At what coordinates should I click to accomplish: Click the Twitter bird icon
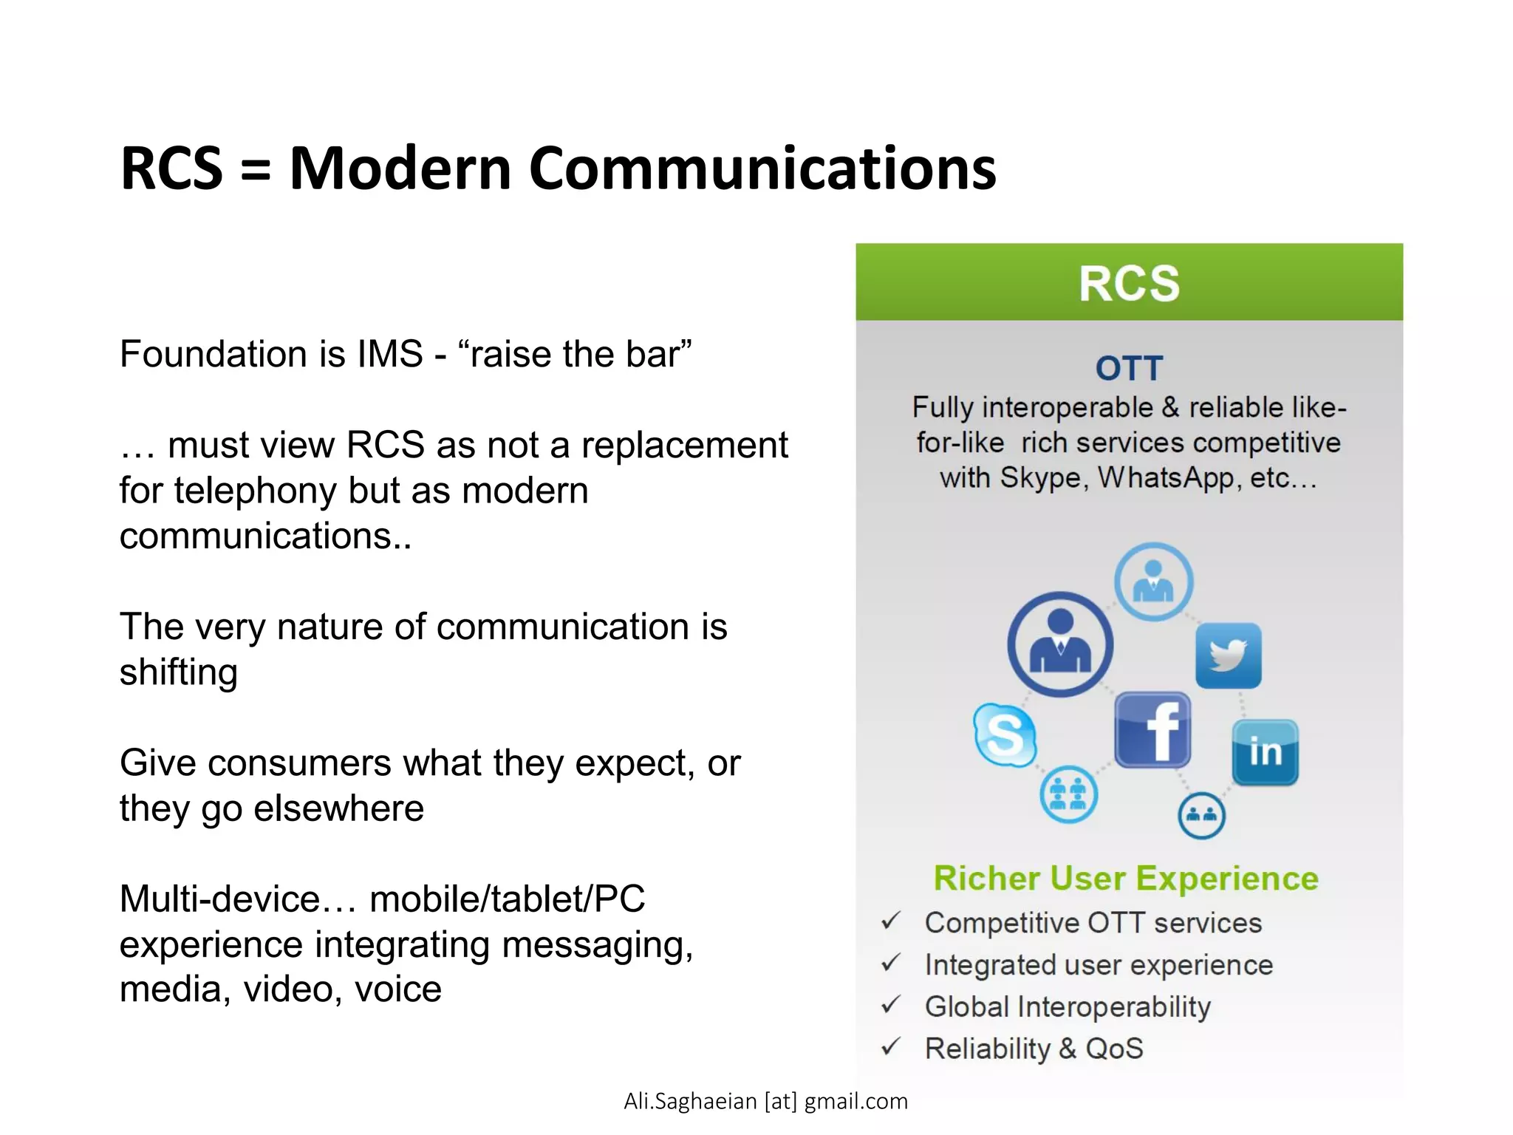(1228, 655)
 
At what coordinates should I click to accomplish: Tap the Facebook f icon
(1152, 731)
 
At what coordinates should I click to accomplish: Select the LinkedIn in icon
(1265, 752)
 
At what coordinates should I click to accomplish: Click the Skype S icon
(1005, 734)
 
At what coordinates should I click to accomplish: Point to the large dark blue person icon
(1060, 644)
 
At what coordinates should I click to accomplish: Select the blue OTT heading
(1129, 368)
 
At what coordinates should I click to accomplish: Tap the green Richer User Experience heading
(1126, 879)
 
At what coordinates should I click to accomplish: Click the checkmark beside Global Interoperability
(891, 1005)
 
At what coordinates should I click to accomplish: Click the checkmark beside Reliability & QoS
(891, 1047)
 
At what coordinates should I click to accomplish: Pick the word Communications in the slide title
(762, 168)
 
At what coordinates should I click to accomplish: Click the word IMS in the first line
(389, 354)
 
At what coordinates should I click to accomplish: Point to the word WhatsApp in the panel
(1166, 478)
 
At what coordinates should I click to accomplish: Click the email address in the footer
(765, 1101)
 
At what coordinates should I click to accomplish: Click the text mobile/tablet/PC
(507, 899)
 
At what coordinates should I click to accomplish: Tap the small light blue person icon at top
(1153, 582)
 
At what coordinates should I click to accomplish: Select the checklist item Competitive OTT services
(1093, 923)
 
